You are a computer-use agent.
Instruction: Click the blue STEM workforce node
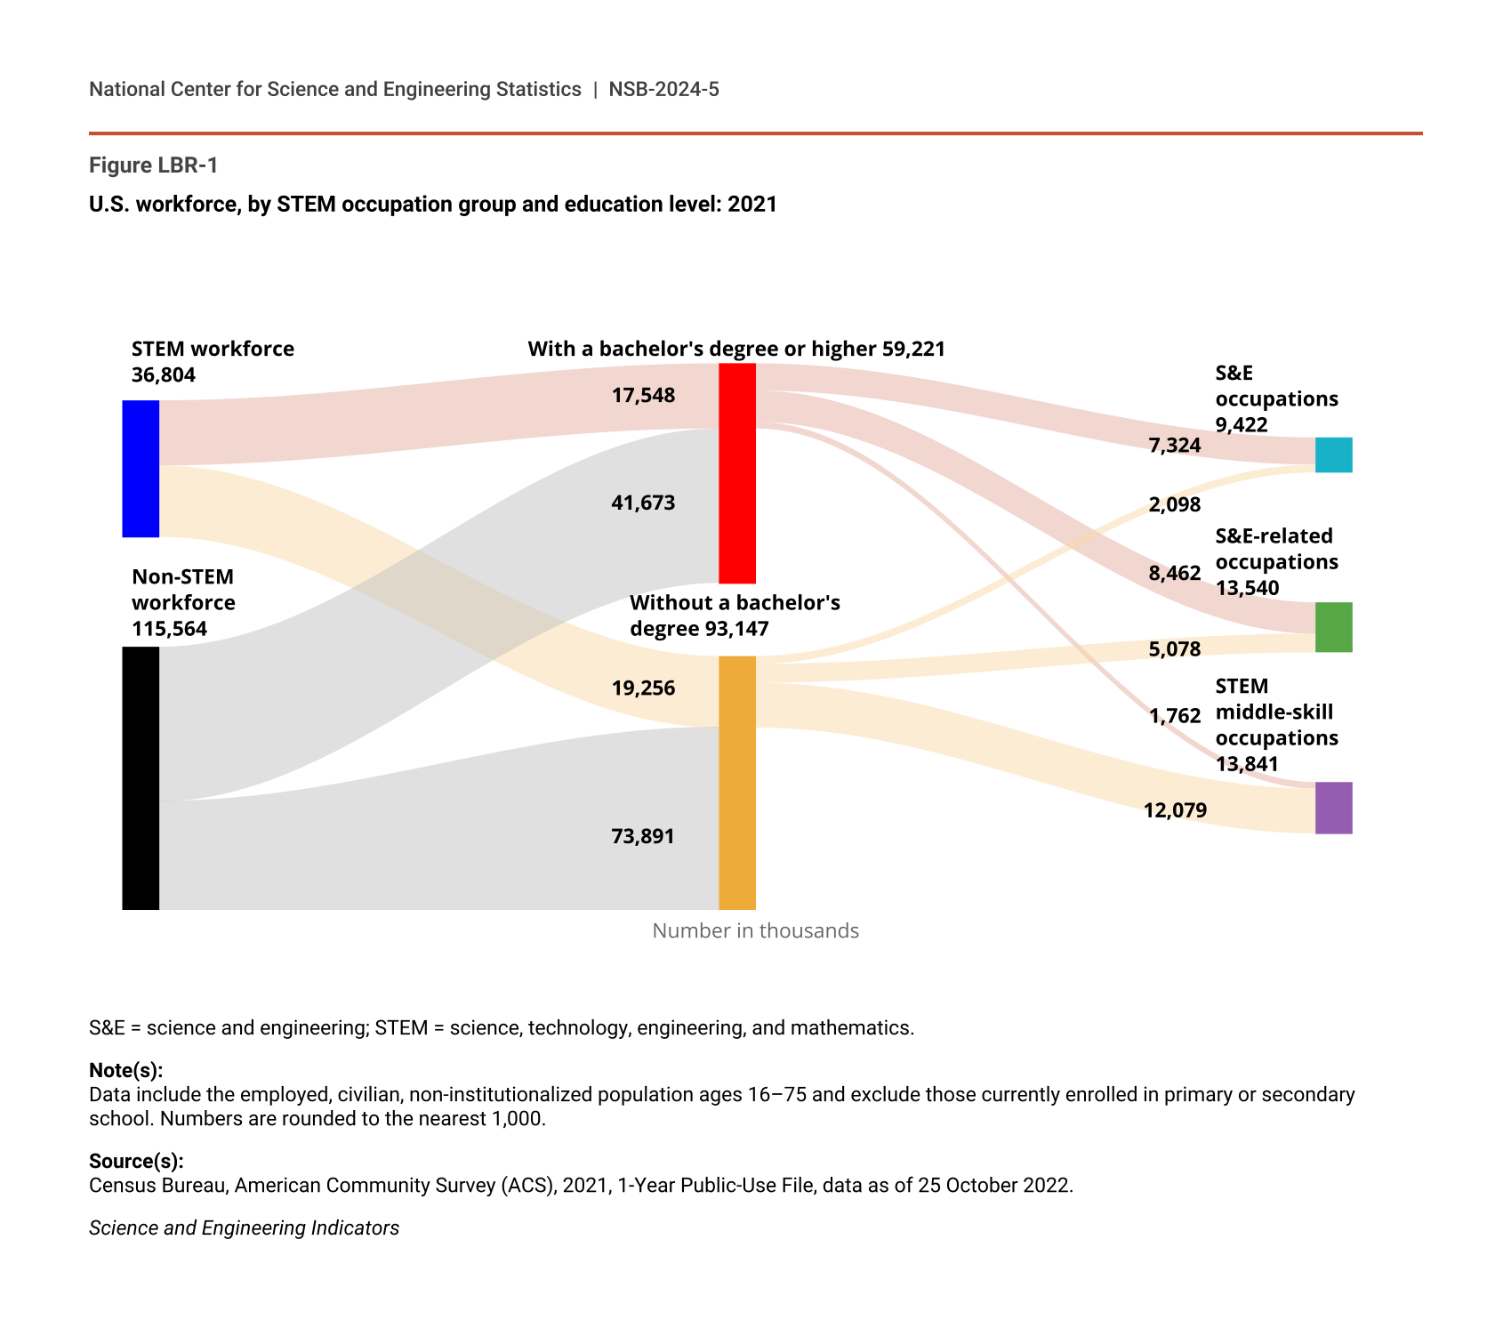coord(141,469)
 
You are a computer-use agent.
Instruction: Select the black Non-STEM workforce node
coord(141,777)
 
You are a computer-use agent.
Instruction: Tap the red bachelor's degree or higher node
coord(737,473)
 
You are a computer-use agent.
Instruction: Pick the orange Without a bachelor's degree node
coord(737,783)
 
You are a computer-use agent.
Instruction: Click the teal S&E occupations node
coord(1333,455)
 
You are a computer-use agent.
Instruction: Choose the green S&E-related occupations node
coord(1333,627)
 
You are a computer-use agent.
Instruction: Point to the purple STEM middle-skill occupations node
coord(1333,808)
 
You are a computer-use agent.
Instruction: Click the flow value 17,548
coord(643,395)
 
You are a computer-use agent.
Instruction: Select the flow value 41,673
coord(643,503)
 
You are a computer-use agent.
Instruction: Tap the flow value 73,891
coord(643,836)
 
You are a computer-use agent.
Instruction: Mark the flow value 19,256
coord(643,688)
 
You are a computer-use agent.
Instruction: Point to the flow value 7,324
coord(1175,445)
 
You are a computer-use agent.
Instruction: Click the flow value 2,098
coord(1175,504)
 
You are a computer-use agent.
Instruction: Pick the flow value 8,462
coord(1175,573)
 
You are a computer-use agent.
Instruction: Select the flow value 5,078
coord(1175,648)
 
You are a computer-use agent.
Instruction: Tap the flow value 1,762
coord(1175,715)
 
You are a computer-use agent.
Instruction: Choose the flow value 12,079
coord(1175,809)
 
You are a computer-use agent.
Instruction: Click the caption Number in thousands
coord(755,930)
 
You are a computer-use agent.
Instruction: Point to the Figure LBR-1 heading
coord(153,165)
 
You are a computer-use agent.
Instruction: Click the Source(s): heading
coord(136,1161)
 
